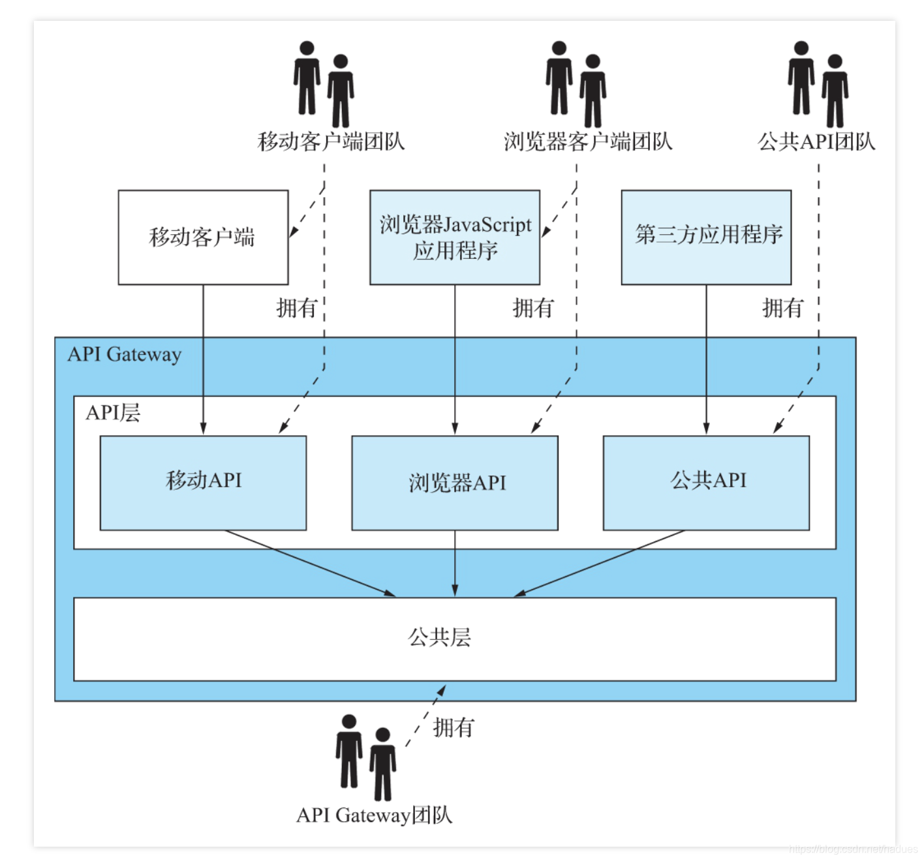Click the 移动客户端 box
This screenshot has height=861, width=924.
pos(203,237)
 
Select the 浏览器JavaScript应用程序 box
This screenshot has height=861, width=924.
pos(455,237)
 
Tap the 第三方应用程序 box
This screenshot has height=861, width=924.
pos(706,237)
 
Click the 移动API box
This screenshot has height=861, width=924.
pos(203,483)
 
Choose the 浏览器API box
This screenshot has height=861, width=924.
pos(455,483)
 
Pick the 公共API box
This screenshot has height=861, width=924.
pos(706,483)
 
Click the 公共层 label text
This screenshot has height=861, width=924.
pos(440,637)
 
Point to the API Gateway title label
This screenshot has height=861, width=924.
pos(125,354)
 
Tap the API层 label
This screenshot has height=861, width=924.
pos(113,413)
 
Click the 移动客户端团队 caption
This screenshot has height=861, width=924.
pos(331,142)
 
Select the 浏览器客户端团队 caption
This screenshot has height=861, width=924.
pos(588,142)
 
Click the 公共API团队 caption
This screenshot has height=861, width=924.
pos(816,142)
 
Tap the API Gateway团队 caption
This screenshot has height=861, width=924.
pos(374,815)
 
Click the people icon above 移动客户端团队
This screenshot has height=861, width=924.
pos(324,85)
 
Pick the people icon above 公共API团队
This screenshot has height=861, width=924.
pos(818,85)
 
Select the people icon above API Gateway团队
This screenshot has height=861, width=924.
pos(366,757)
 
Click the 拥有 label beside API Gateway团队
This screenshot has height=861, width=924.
pos(454,727)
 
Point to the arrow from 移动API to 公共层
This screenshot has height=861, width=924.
pos(310,563)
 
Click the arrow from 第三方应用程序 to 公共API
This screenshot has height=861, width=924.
pos(706,359)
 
